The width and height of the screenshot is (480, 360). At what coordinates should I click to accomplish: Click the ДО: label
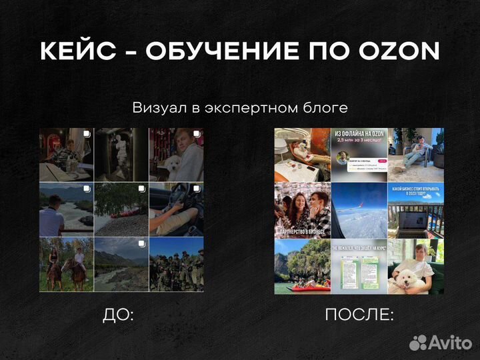coord(118,315)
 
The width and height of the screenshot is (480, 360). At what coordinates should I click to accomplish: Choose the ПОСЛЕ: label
coord(359,315)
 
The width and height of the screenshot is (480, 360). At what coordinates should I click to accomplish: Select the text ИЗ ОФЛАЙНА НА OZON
coord(359,136)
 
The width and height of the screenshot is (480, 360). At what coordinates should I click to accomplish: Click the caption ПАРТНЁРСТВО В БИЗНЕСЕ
coord(303,231)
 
